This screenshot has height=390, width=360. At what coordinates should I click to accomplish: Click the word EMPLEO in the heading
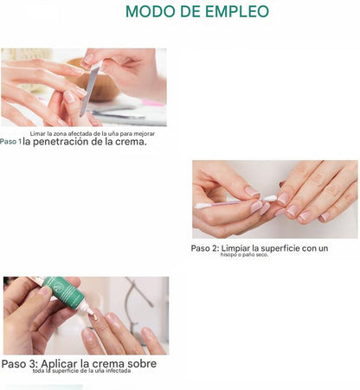coord(237,11)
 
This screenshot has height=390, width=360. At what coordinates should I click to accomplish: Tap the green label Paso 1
coord(10,142)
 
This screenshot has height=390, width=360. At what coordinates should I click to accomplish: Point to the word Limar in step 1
coord(36,134)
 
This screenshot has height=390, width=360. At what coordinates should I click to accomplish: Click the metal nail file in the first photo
coord(90,88)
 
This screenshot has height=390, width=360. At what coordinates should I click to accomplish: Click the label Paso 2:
coord(205,248)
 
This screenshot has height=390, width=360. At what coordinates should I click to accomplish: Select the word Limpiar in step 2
coord(235,248)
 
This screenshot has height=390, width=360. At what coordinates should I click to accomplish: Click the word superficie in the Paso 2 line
coord(280,248)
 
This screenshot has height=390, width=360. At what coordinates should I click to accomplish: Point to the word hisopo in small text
coord(227,255)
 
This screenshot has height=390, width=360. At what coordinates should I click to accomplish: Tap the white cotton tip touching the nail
coord(269,199)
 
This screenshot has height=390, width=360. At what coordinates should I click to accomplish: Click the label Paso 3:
coord(20,364)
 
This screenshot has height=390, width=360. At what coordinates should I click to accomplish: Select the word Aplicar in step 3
coord(59,364)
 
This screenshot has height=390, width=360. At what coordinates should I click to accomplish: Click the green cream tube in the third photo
coord(66,293)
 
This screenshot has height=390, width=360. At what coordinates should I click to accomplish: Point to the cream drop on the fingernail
coord(94,317)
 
